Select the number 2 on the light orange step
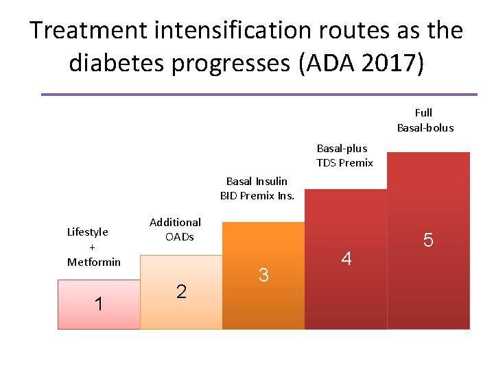[181, 291]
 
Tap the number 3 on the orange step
[263, 275]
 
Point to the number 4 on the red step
[346, 258]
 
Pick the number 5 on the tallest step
[429, 240]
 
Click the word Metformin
[94, 262]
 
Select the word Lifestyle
[88, 232]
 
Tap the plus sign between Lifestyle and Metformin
[93, 247]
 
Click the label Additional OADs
[176, 230]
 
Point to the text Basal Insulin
[257, 181]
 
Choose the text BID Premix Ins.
[257, 196]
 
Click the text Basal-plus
[342, 148]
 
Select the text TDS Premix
[344, 163]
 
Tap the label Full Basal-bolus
[425, 120]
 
